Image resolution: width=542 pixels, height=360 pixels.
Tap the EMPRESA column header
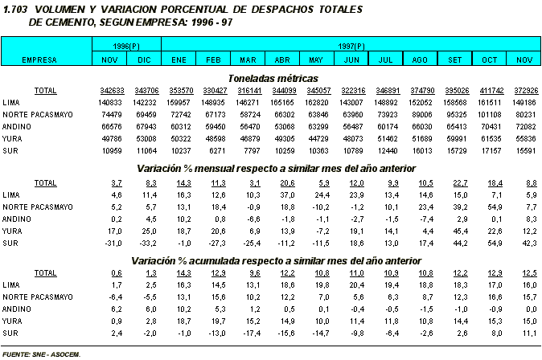tap(39, 60)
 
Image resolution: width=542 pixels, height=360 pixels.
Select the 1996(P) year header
tap(126, 47)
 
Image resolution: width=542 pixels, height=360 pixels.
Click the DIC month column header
tap(143, 60)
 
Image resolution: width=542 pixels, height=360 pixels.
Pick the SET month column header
tap(454, 60)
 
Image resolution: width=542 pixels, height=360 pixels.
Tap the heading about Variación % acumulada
tap(275, 260)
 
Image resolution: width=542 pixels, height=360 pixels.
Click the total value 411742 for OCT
tap(490, 91)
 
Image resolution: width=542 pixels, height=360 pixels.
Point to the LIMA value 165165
tap(281, 103)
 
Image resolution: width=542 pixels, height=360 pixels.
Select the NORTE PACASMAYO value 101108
tap(490, 115)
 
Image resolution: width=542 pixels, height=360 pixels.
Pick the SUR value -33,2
tap(146, 242)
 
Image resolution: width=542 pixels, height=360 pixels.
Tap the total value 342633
tap(111, 91)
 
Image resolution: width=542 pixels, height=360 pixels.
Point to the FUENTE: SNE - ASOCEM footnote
tap(42, 352)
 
